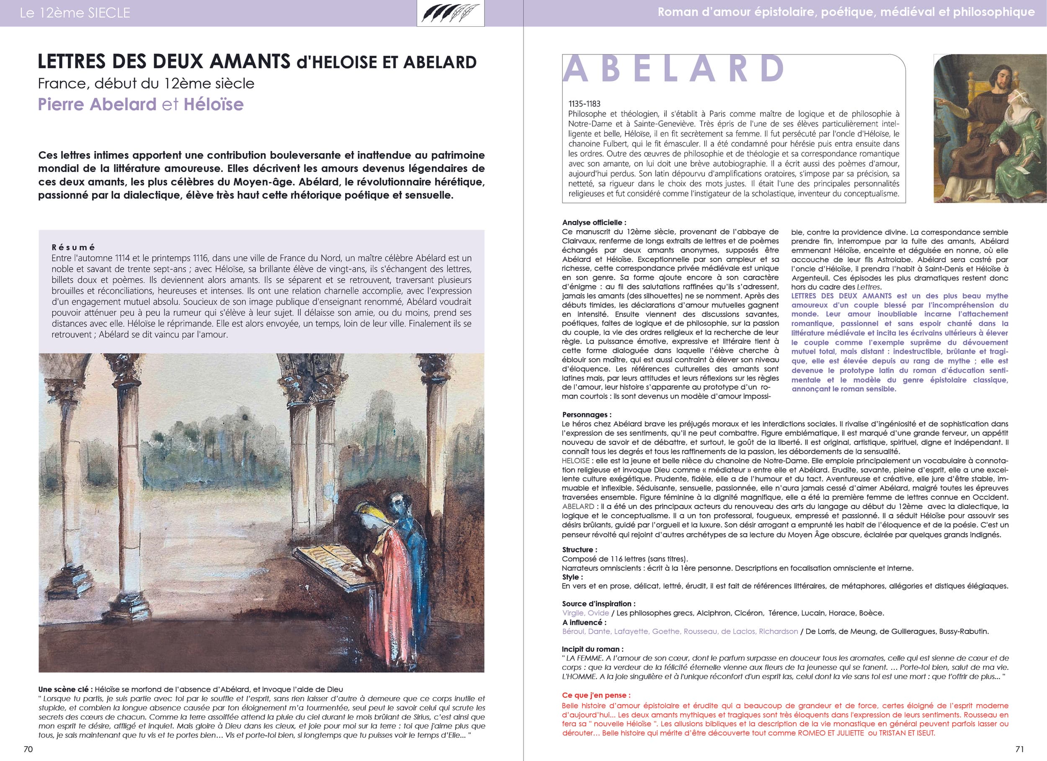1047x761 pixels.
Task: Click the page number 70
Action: pyautogui.click(x=28, y=749)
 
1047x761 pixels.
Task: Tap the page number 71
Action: pyautogui.click(x=1020, y=749)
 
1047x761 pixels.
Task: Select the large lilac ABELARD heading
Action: pyautogui.click(x=673, y=68)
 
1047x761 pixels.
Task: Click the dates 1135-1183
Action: pyautogui.click(x=585, y=104)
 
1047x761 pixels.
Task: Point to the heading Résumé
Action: pyautogui.click(x=73, y=247)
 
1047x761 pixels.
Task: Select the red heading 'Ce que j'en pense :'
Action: pyautogui.click(x=596, y=695)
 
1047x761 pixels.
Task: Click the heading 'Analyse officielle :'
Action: pyautogui.click(x=594, y=222)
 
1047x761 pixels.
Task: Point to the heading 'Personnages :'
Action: pyautogui.click(x=586, y=414)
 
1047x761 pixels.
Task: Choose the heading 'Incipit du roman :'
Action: pyautogui.click(x=592, y=649)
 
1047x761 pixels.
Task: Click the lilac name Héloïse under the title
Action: pyautogui.click(x=213, y=104)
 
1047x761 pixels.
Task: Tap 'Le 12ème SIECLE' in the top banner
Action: pyautogui.click(x=75, y=13)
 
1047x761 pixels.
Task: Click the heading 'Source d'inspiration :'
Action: pyautogui.click(x=598, y=604)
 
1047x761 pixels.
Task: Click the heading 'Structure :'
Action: pyautogui.click(x=579, y=550)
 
